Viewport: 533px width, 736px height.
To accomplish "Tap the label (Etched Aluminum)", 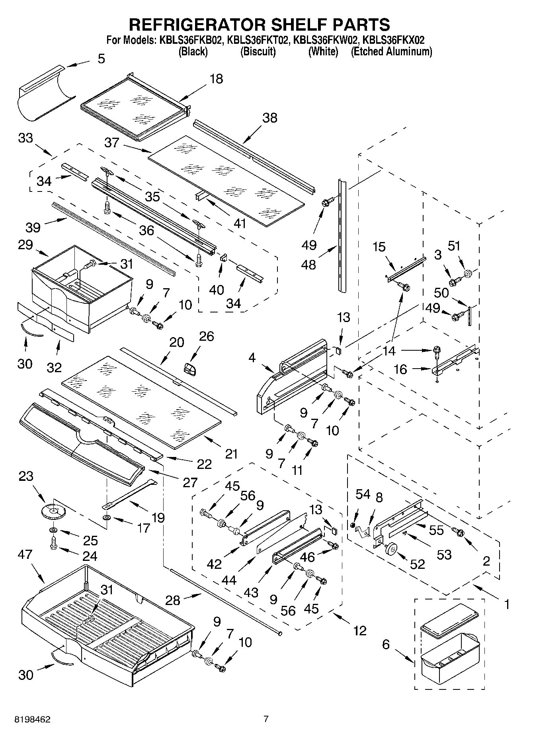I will pyautogui.click(x=391, y=51).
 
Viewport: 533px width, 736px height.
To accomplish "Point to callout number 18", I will pyautogui.click(x=216, y=79).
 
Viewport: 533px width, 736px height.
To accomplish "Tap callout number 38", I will pyautogui.click(x=269, y=118).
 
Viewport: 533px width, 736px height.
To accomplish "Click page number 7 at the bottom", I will pyautogui.click(x=266, y=719).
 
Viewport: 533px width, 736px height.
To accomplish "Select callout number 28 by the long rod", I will pyautogui.click(x=173, y=600).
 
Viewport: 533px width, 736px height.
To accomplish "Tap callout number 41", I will pyautogui.click(x=240, y=224).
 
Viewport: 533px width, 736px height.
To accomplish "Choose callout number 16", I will pyautogui.click(x=400, y=369).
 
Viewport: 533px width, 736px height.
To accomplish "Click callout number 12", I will pyautogui.click(x=359, y=631).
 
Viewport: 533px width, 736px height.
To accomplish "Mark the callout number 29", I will pyautogui.click(x=25, y=244).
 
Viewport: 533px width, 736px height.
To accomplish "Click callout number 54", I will pyautogui.click(x=362, y=494).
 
